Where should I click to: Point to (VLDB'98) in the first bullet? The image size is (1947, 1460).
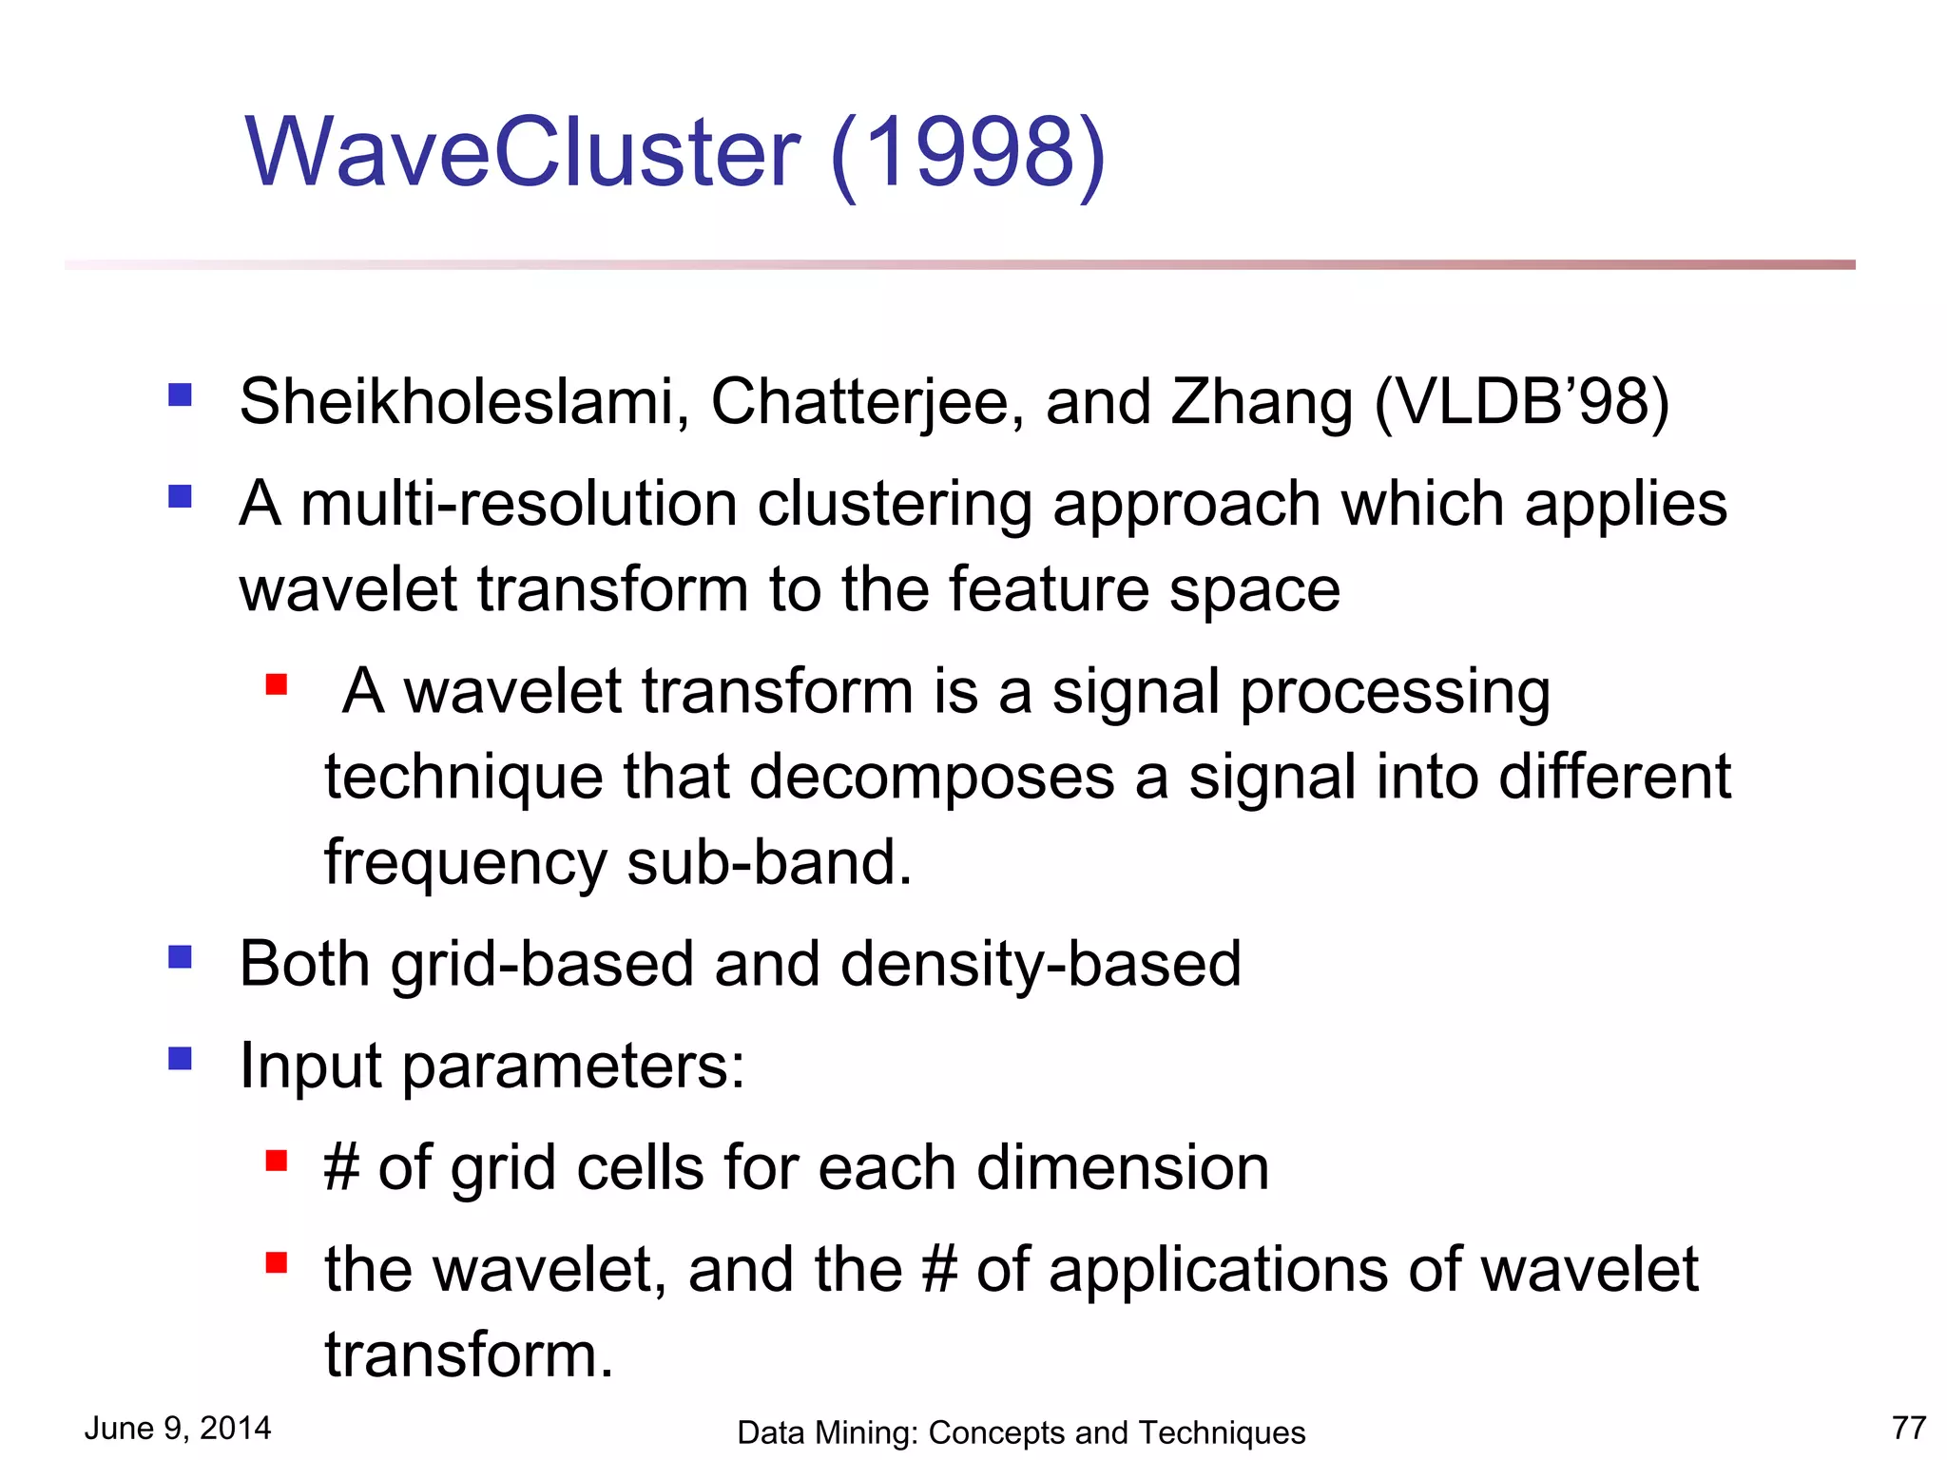(1521, 402)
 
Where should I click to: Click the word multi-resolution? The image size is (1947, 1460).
(519, 504)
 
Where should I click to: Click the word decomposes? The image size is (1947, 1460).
(932, 777)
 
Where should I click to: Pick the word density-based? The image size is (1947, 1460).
(1040, 965)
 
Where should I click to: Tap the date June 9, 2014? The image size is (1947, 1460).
(178, 1428)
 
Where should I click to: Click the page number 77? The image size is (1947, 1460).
(1908, 1428)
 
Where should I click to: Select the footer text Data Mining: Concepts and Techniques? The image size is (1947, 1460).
(1021, 1432)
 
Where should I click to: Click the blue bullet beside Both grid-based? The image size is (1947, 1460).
(180, 956)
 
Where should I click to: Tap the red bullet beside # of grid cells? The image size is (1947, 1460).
(277, 1160)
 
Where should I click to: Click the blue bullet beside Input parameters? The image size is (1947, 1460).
(180, 1058)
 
